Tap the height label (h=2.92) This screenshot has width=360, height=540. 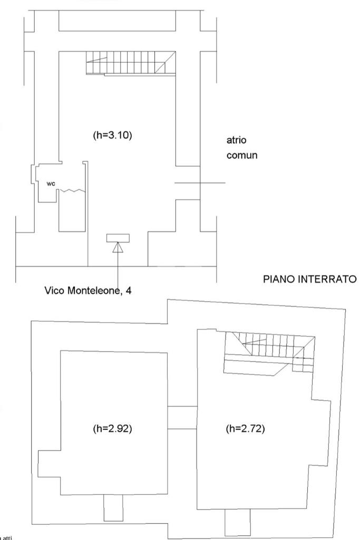coord(112,428)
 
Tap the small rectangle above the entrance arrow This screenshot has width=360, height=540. coord(118,238)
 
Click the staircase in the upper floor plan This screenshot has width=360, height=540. coord(130,63)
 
